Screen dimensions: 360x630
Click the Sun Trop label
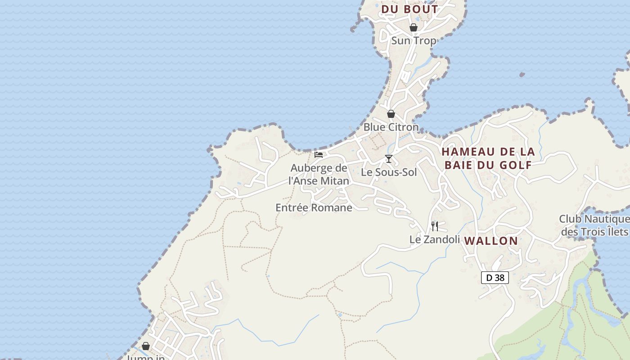point(414,40)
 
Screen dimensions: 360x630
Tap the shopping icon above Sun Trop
point(414,27)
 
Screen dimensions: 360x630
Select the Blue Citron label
point(391,127)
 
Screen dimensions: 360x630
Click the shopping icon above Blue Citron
point(391,114)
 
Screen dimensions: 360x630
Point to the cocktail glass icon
point(389,159)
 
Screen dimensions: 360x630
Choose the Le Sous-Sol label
point(389,172)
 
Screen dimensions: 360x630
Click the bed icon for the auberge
point(319,155)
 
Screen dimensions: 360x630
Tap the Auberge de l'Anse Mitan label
point(319,175)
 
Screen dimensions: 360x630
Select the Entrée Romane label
point(314,207)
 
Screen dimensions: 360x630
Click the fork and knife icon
point(435,226)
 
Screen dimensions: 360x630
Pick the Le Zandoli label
point(434,239)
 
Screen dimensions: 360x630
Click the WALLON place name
point(491,241)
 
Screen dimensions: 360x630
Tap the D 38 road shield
point(495,278)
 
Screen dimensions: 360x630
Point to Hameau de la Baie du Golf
point(488,158)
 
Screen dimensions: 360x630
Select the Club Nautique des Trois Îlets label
point(594,225)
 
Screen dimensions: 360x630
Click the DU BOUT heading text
point(409,9)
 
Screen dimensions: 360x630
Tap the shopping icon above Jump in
point(146,346)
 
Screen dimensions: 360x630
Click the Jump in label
point(146,357)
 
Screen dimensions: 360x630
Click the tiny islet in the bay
point(522,74)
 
